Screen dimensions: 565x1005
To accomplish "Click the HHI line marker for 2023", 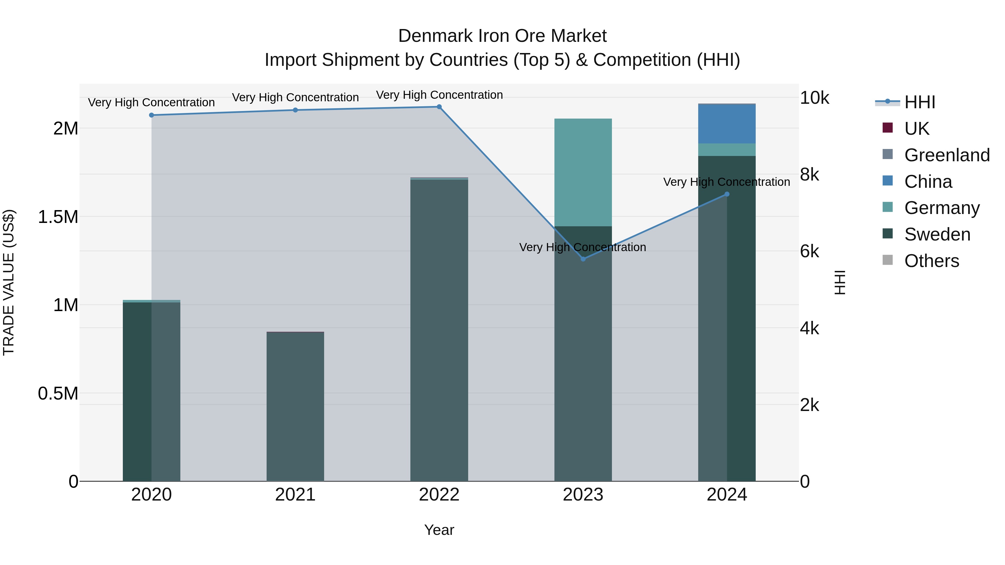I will point(583,259).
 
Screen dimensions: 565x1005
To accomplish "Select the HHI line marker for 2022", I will point(439,107).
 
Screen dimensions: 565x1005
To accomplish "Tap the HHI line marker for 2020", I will point(151,115).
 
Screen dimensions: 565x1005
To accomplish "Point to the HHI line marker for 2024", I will point(726,194).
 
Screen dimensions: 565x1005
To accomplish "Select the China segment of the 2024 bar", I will point(726,124).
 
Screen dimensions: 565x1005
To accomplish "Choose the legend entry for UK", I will point(917,129).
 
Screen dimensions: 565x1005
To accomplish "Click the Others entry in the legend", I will point(931,261).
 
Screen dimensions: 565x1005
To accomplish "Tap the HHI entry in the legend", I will point(920,102).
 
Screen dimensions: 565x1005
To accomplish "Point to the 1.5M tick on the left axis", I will point(58,217).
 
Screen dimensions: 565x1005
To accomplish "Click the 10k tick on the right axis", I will point(815,98).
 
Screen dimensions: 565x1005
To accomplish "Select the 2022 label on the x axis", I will point(439,495).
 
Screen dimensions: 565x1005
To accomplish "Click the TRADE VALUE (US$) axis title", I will point(9,282).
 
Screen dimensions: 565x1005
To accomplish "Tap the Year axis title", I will point(439,530).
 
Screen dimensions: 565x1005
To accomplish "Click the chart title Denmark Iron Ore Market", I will point(502,36).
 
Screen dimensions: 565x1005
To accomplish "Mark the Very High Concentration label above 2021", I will point(295,97).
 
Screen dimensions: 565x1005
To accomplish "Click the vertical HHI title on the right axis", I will point(839,282).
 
